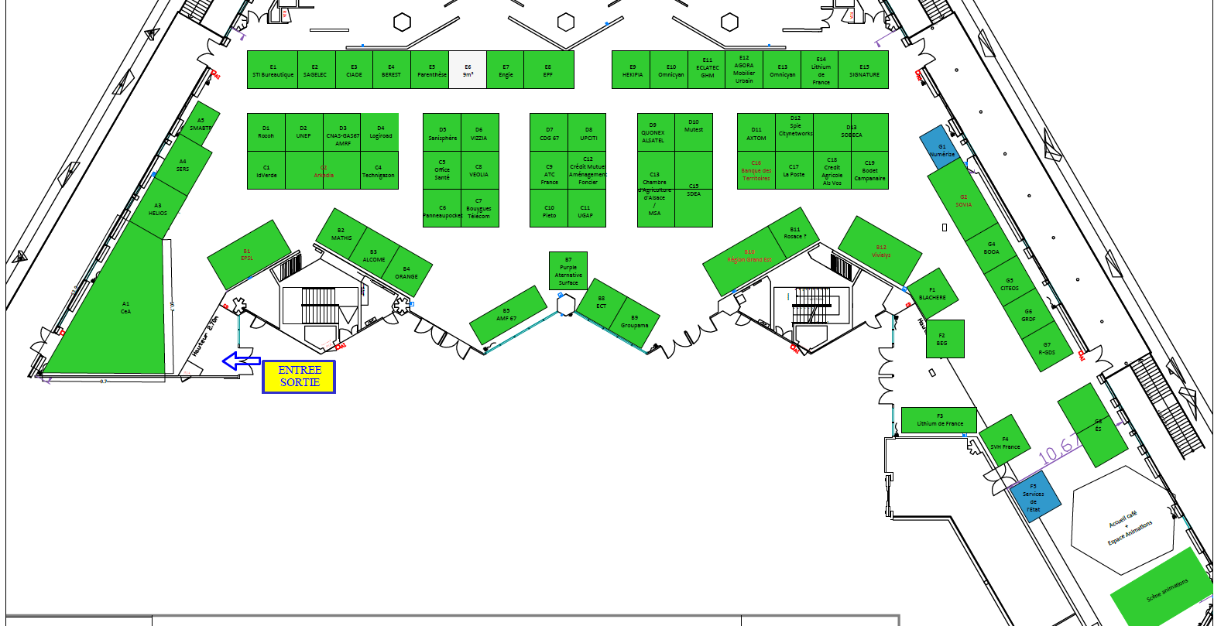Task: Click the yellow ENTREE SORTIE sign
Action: [299, 377]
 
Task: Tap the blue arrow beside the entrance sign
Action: [241, 361]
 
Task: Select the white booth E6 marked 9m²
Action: [468, 70]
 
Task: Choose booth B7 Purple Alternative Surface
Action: [568, 271]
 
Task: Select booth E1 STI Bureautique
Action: [273, 70]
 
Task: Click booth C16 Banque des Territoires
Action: [756, 170]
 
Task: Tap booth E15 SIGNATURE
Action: [864, 70]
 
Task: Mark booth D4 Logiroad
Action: [380, 132]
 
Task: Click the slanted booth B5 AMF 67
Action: [508, 315]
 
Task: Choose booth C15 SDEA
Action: [694, 190]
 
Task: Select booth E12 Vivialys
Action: [880, 250]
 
